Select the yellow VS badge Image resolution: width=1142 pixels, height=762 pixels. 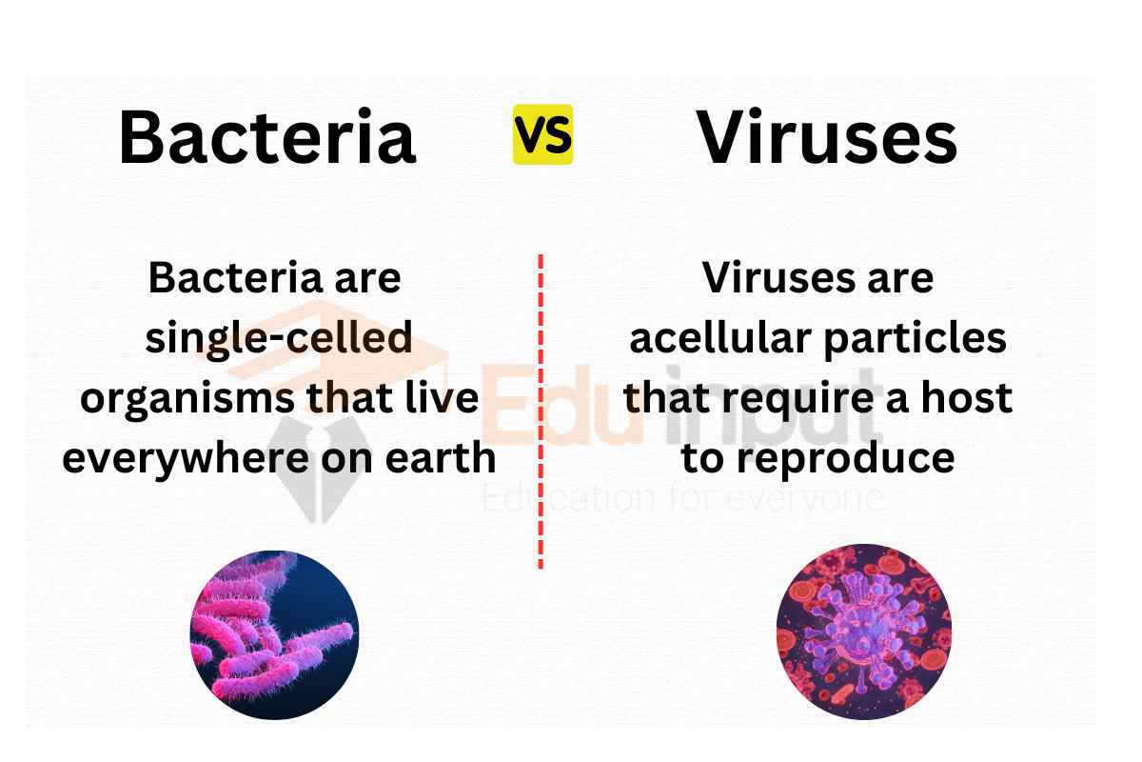click(x=542, y=134)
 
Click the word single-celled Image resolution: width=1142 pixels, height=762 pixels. click(x=279, y=338)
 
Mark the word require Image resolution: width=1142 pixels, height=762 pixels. click(x=806, y=398)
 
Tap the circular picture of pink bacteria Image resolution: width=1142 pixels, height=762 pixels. click(x=274, y=634)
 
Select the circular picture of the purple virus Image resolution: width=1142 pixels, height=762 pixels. click(x=863, y=632)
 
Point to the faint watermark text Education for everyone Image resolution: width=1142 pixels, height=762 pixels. click(x=683, y=497)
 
